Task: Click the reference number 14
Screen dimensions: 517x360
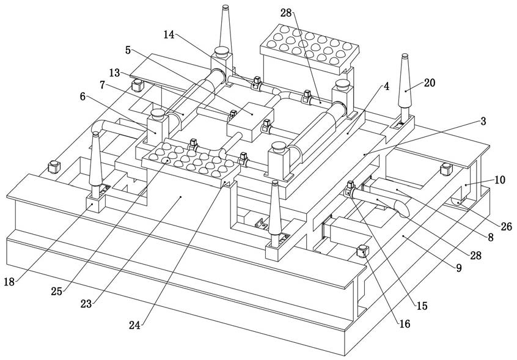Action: coord(169,35)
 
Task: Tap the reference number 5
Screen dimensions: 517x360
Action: coord(128,50)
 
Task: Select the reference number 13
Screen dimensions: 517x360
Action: coord(114,73)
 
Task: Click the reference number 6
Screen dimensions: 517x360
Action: coord(82,96)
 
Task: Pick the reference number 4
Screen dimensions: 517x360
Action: coord(386,86)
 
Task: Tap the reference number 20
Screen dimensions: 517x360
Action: coord(430,83)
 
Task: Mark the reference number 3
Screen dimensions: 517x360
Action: coord(483,121)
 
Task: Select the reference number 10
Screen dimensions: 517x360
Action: coord(500,180)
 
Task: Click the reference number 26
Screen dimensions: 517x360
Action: coord(506,227)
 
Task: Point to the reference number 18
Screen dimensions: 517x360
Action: coord(9,282)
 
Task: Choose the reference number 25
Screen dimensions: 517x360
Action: coord(56,292)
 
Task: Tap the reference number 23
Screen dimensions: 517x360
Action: coord(86,304)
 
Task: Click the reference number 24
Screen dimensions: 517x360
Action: coord(134,325)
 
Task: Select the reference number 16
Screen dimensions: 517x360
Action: coord(405,324)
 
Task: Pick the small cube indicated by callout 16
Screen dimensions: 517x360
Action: coord(362,251)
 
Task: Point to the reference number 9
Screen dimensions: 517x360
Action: coord(459,268)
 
